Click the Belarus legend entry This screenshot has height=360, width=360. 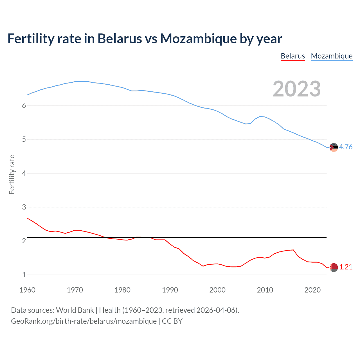293,56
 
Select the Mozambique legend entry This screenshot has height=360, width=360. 332,56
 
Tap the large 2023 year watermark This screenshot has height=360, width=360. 297,89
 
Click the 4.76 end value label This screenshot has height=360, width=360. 346,147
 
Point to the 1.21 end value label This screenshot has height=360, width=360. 346,267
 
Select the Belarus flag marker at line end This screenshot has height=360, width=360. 334,267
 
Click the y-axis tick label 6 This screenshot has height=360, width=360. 24,105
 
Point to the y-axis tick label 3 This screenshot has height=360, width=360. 24,207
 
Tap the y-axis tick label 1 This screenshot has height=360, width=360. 24,275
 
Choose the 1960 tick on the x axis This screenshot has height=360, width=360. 27,290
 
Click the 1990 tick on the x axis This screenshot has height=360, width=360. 170,290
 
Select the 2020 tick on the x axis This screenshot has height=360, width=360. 312,290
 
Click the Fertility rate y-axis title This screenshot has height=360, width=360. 12,174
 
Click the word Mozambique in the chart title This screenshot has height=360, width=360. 198,39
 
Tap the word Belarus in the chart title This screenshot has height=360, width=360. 120,39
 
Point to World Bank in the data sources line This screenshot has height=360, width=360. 75,310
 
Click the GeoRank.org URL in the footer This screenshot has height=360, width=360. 84,321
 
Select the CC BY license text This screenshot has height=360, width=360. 172,321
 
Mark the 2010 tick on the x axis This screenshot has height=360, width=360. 265,290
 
